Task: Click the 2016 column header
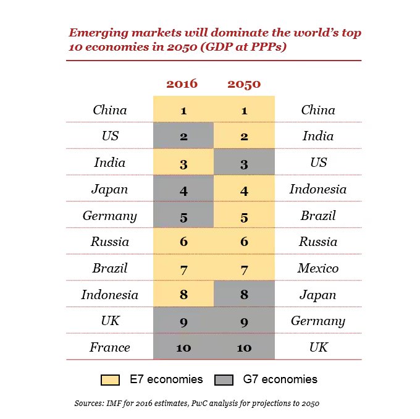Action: tap(182, 83)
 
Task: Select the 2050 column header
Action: tap(244, 84)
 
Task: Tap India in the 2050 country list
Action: tap(318, 137)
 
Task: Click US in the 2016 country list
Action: tap(110, 137)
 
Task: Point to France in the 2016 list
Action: tap(110, 347)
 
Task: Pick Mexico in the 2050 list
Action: tap(318, 268)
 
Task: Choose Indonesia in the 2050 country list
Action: tap(318, 189)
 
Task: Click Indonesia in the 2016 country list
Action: tap(110, 295)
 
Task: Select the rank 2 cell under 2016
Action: tap(183, 137)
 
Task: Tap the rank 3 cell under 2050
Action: tap(244, 163)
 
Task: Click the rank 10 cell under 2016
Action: tap(183, 347)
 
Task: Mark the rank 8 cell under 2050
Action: tap(244, 295)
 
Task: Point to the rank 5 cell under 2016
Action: tap(183, 216)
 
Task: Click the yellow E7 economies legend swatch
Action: tap(110, 379)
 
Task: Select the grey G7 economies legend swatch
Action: tap(224, 379)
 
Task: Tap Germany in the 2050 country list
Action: tap(318, 321)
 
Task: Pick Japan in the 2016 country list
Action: tap(110, 189)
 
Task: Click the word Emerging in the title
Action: tap(98, 33)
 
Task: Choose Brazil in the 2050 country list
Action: tap(318, 216)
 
